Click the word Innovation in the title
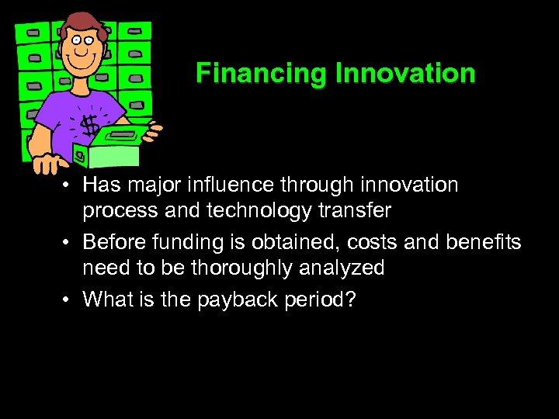[405, 74]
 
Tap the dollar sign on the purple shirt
[89, 125]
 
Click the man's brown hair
[78, 23]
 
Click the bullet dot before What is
[70, 299]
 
